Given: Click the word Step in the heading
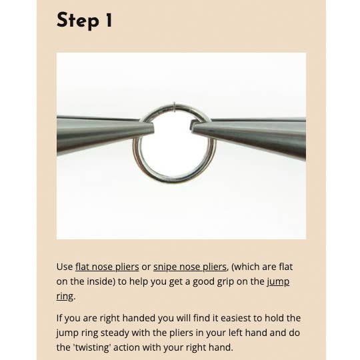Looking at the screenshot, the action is (x=78, y=21).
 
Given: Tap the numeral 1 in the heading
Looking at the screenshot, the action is (x=109, y=20).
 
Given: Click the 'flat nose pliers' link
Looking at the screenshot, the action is (x=107, y=267).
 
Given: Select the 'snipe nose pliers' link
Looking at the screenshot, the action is (x=190, y=267).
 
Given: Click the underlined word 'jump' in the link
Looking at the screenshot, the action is (x=278, y=282).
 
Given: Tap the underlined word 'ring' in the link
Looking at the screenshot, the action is (x=65, y=296).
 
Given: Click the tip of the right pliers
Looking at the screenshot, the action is (x=193, y=127).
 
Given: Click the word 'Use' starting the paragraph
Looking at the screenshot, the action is (x=65, y=267).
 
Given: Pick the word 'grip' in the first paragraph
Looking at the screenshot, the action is (x=223, y=282).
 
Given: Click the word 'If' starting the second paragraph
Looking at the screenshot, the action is (x=59, y=318).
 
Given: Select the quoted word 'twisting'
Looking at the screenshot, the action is (x=92, y=347).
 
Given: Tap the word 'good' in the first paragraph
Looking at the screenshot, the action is (x=201, y=282).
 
